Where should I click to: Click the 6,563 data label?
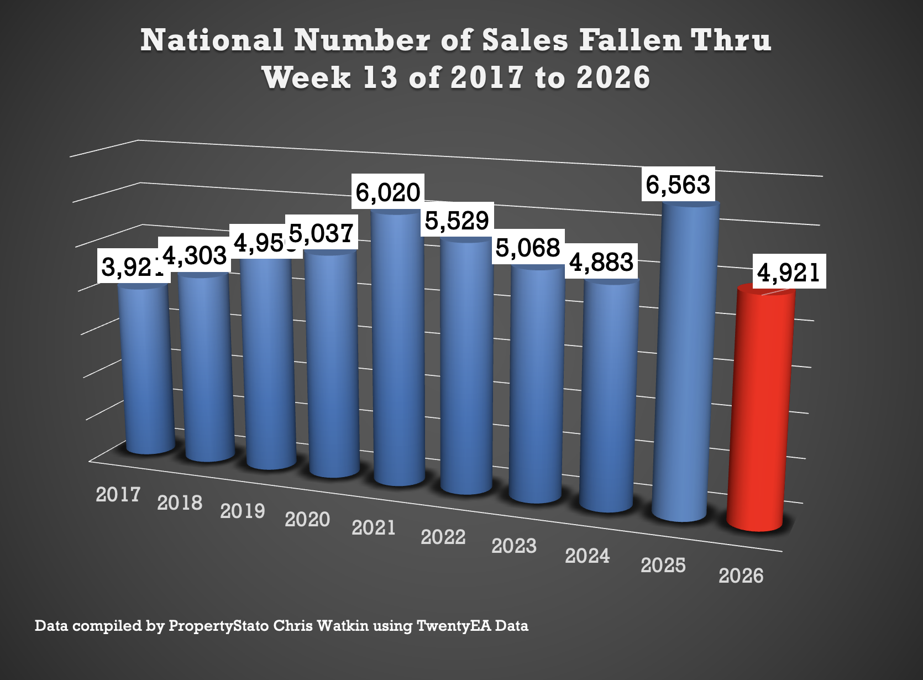tap(678, 185)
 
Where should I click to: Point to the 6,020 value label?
tap(388, 192)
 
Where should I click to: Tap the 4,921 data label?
tap(788, 272)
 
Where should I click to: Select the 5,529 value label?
tap(457, 221)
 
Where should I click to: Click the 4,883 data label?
tap(601, 261)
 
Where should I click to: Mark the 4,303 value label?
tap(195, 255)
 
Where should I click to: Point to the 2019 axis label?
tap(243, 511)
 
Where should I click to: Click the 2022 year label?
tap(443, 537)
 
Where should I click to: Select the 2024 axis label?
tap(587, 556)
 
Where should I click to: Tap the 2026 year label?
tap(741, 576)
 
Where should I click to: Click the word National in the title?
tap(212, 40)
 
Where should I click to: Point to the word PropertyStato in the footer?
tap(219, 626)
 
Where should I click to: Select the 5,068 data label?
tap(528, 248)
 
